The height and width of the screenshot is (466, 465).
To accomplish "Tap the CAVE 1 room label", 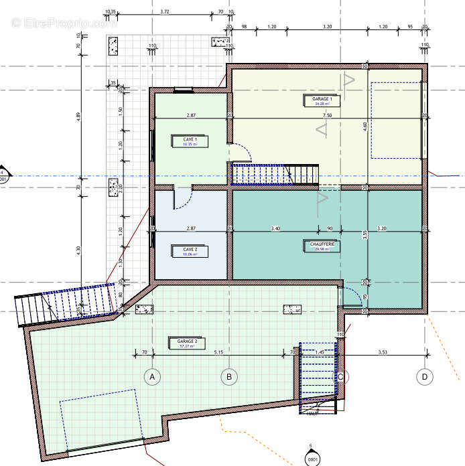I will [190, 141].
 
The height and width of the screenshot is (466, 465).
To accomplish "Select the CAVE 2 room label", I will [190, 251].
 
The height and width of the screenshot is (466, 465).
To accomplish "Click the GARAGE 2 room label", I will [186, 343].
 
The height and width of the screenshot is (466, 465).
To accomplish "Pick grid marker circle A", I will [152, 377].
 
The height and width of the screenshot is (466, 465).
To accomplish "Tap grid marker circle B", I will [229, 377].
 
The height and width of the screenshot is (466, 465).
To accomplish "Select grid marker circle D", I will [423, 377].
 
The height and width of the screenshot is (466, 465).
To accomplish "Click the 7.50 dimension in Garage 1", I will [327, 115].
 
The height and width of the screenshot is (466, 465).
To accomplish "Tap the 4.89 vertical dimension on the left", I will [78, 115].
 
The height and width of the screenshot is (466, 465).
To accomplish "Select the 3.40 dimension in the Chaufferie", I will [275, 229].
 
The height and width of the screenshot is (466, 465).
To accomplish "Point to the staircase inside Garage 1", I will [275, 174].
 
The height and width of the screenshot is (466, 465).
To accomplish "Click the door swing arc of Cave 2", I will [184, 199].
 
